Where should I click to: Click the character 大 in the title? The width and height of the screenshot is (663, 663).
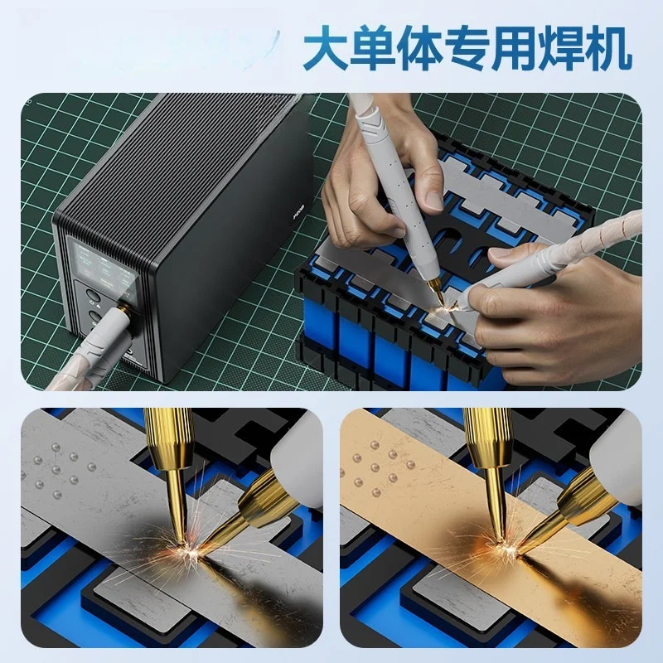point(327,48)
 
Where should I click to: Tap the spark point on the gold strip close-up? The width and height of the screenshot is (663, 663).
point(504,545)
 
